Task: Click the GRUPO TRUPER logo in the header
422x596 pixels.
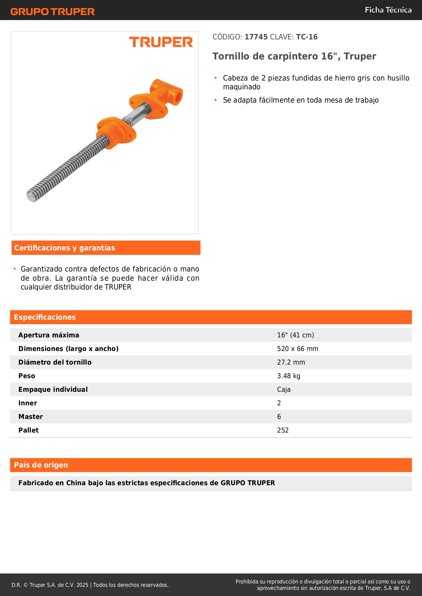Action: [52, 12]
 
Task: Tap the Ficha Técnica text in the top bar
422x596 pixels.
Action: [388, 10]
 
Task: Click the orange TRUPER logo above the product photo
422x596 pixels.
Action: [161, 42]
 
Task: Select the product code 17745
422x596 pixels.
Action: [256, 37]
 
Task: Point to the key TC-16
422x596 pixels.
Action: [307, 37]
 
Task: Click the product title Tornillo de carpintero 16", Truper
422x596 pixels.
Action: [294, 56]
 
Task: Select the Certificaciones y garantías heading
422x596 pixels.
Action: [65, 248]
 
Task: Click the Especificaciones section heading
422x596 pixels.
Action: [45, 317]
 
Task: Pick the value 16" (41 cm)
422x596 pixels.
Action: [296, 335]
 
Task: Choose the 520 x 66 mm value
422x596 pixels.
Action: [298, 349]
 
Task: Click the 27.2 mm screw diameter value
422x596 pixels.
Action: [291, 363]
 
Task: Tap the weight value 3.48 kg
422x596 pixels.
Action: [288, 376]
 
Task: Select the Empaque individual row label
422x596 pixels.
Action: [53, 390]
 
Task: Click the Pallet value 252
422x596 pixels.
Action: [283, 431]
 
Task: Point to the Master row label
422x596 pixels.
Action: [31, 417]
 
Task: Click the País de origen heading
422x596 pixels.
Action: [41, 465]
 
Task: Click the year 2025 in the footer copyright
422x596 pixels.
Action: [82, 585]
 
